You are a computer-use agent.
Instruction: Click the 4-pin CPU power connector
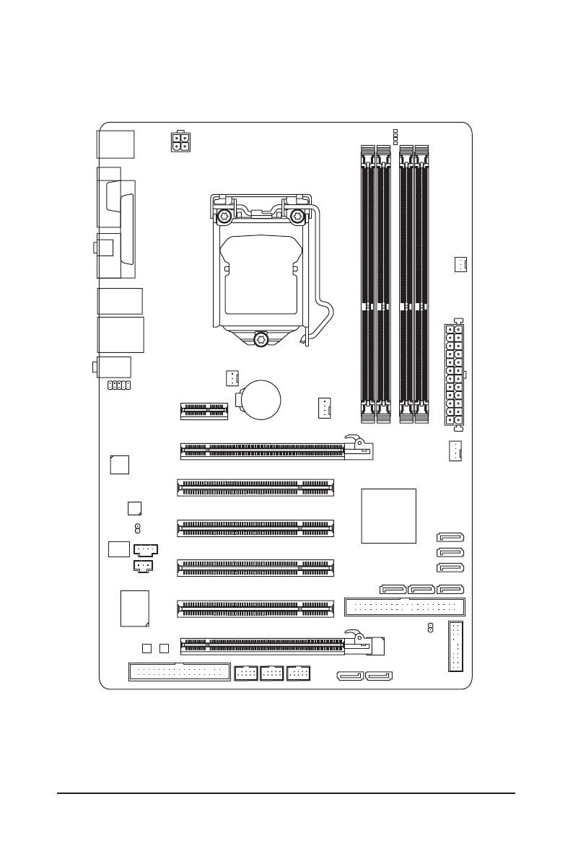[x=180, y=141]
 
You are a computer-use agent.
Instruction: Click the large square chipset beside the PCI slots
[x=390, y=515]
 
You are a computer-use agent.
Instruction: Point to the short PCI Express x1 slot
[x=204, y=411]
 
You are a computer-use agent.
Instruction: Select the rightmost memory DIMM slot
[x=421, y=283]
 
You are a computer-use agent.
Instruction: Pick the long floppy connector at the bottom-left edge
[x=179, y=673]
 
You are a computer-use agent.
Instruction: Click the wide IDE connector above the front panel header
[x=405, y=606]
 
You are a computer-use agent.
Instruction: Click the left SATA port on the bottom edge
[x=349, y=677]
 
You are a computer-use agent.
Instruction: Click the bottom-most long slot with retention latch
[x=281, y=645]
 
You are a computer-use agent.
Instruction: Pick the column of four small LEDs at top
[x=394, y=136]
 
